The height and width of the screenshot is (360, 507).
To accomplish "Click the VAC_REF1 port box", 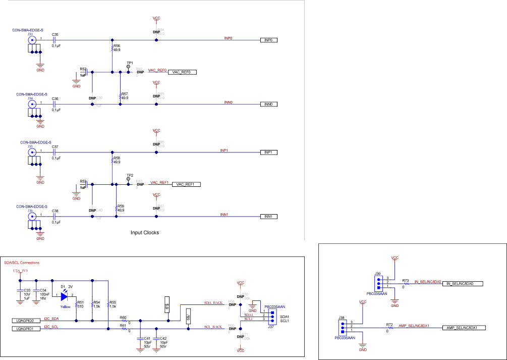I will [x=186, y=184].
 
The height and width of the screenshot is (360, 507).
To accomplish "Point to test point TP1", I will [x=128, y=67].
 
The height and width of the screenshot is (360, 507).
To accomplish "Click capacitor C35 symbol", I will [x=55, y=40].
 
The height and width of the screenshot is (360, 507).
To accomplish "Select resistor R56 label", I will [x=117, y=45].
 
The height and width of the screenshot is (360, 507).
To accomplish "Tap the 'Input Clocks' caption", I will [x=145, y=233].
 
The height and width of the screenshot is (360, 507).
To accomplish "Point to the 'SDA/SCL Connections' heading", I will [x=22, y=263].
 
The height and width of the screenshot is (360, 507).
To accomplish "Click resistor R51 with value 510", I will [x=76, y=304].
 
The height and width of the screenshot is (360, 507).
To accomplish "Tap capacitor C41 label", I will [x=147, y=338].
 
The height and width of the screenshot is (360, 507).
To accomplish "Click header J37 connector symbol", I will [x=271, y=315].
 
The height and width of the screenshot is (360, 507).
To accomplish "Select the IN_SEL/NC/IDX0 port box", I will [x=462, y=284].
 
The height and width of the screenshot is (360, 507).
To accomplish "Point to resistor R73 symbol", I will [x=405, y=284].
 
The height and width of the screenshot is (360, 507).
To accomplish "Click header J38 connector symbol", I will [x=342, y=326].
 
